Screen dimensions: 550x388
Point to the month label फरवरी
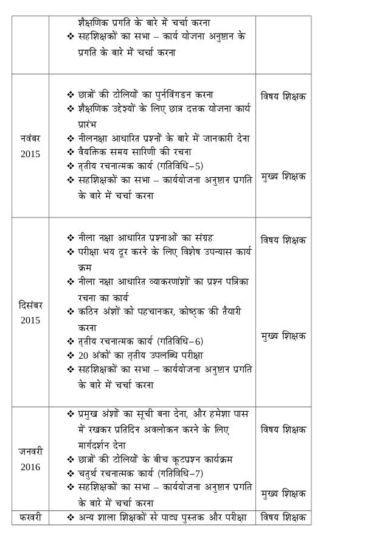click(x=32, y=518)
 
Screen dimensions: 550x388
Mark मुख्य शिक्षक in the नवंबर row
click(x=282, y=175)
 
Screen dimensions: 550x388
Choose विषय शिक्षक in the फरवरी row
click(x=282, y=518)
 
